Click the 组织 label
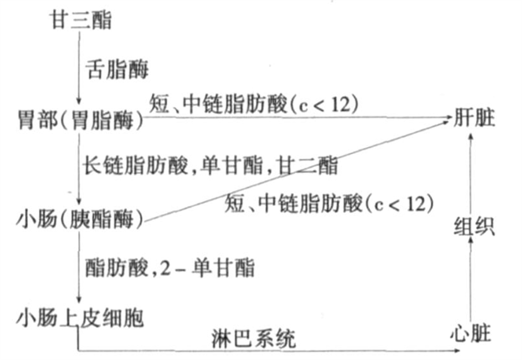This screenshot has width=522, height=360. coord(474,228)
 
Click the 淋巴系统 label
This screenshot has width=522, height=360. coord(253,337)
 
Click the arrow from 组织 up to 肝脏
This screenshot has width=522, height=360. coord(470,174)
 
